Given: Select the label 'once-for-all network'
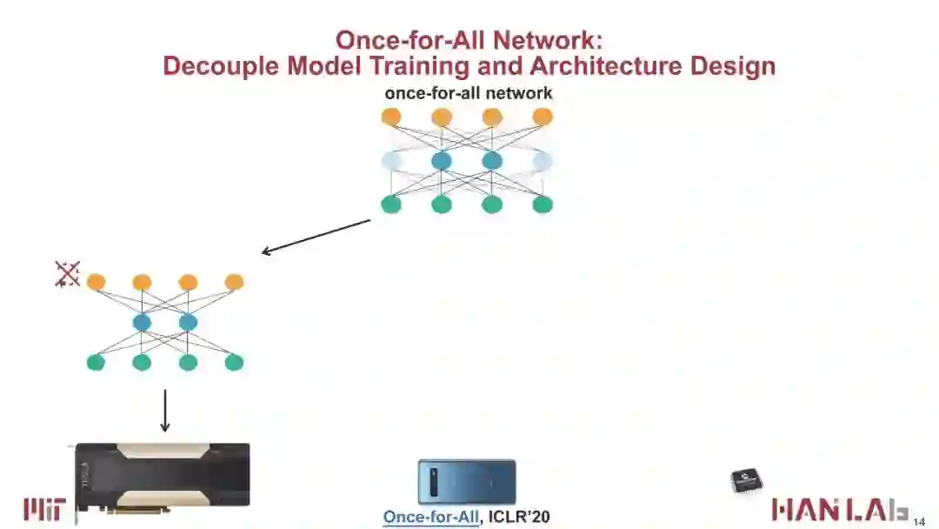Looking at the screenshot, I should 469,93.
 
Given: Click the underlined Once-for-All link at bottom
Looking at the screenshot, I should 431,517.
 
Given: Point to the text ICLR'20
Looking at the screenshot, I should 519,517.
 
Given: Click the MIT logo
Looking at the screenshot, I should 43,509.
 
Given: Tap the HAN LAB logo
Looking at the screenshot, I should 840,510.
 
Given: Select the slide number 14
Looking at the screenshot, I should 919,521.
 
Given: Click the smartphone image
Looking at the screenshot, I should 467,482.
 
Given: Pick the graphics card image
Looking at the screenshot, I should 162,474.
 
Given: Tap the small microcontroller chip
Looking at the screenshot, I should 745,480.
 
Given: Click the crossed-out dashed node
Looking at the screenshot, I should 67,274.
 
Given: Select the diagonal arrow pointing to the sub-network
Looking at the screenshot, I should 316,237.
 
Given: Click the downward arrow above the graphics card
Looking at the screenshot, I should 164,411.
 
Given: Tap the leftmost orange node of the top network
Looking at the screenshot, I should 391,117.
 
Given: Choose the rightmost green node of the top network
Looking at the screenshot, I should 543,204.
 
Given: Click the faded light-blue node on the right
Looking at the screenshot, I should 543,161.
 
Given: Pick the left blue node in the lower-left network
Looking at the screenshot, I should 142,323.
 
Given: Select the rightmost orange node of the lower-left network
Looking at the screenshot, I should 234,282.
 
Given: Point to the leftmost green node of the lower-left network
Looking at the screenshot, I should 96,363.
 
